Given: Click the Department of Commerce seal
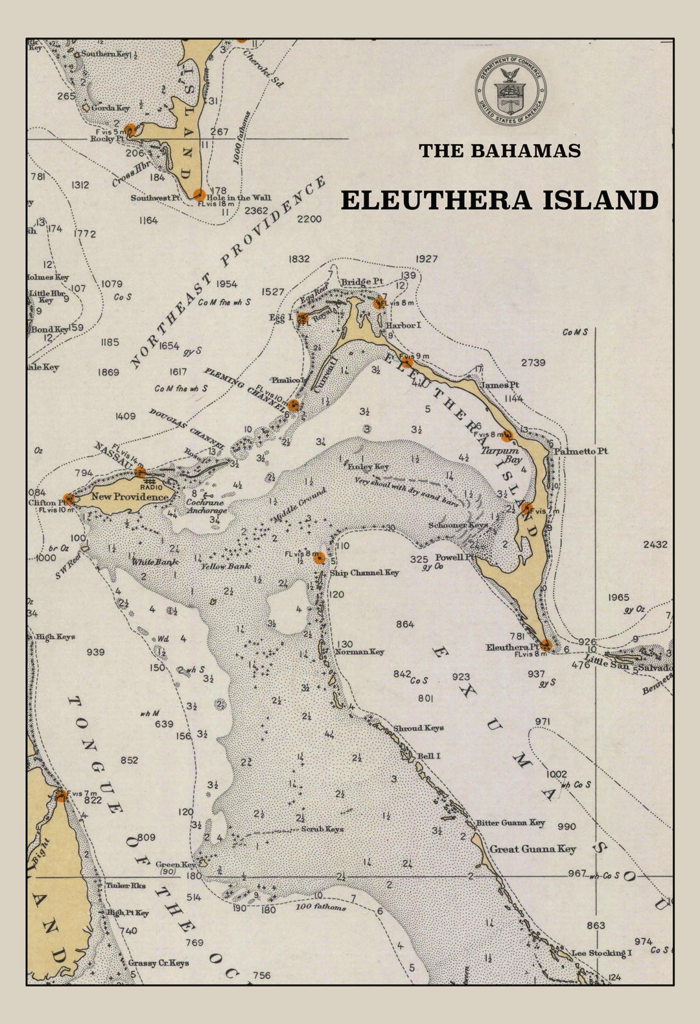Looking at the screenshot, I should click(512, 89).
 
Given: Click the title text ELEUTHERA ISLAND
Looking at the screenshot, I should click(500, 200).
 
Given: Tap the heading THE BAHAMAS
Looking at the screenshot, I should click(499, 150).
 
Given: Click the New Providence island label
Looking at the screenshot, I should click(130, 496).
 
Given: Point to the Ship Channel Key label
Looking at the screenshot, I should click(364, 573).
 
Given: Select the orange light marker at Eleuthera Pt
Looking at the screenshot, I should click(546, 645).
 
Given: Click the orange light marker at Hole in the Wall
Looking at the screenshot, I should click(199, 195).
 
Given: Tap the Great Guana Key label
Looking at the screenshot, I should click(532, 849).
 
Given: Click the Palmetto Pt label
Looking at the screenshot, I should click(580, 451).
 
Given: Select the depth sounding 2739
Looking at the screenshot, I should click(533, 363).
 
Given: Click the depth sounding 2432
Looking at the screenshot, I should click(655, 544).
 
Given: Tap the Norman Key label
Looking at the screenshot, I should click(360, 652).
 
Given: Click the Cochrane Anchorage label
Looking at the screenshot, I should click(207, 506).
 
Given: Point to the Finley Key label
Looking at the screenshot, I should click(367, 466).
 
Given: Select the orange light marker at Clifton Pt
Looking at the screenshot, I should click(69, 499).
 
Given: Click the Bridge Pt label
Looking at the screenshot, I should click(362, 281).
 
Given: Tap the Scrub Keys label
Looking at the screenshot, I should click(322, 829).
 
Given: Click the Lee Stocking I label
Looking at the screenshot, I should click(601, 953).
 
